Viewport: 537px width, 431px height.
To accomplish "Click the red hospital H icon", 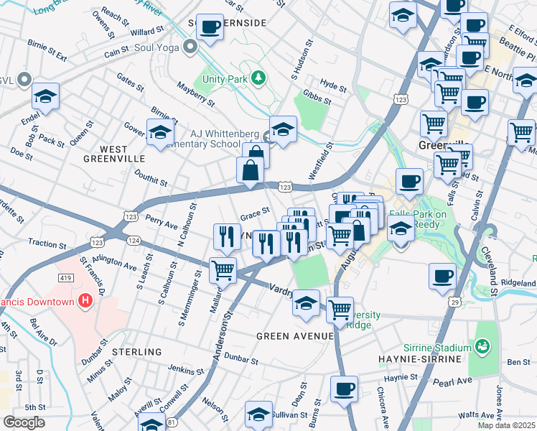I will [x=85, y=301].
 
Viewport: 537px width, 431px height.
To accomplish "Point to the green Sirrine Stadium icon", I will [x=483, y=348].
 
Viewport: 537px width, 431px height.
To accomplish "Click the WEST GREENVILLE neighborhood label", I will [x=113, y=158].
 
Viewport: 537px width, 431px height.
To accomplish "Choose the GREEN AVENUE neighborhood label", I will [x=296, y=336].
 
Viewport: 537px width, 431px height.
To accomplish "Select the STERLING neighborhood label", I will [x=136, y=352].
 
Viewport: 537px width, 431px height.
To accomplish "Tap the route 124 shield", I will [x=134, y=240].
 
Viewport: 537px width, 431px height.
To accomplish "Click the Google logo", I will [x=24, y=422].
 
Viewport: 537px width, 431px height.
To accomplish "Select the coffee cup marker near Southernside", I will [x=210, y=29].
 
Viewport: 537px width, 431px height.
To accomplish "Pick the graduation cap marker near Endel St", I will [x=45, y=97].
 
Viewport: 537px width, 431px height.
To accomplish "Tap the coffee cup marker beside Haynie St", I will [x=344, y=390].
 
